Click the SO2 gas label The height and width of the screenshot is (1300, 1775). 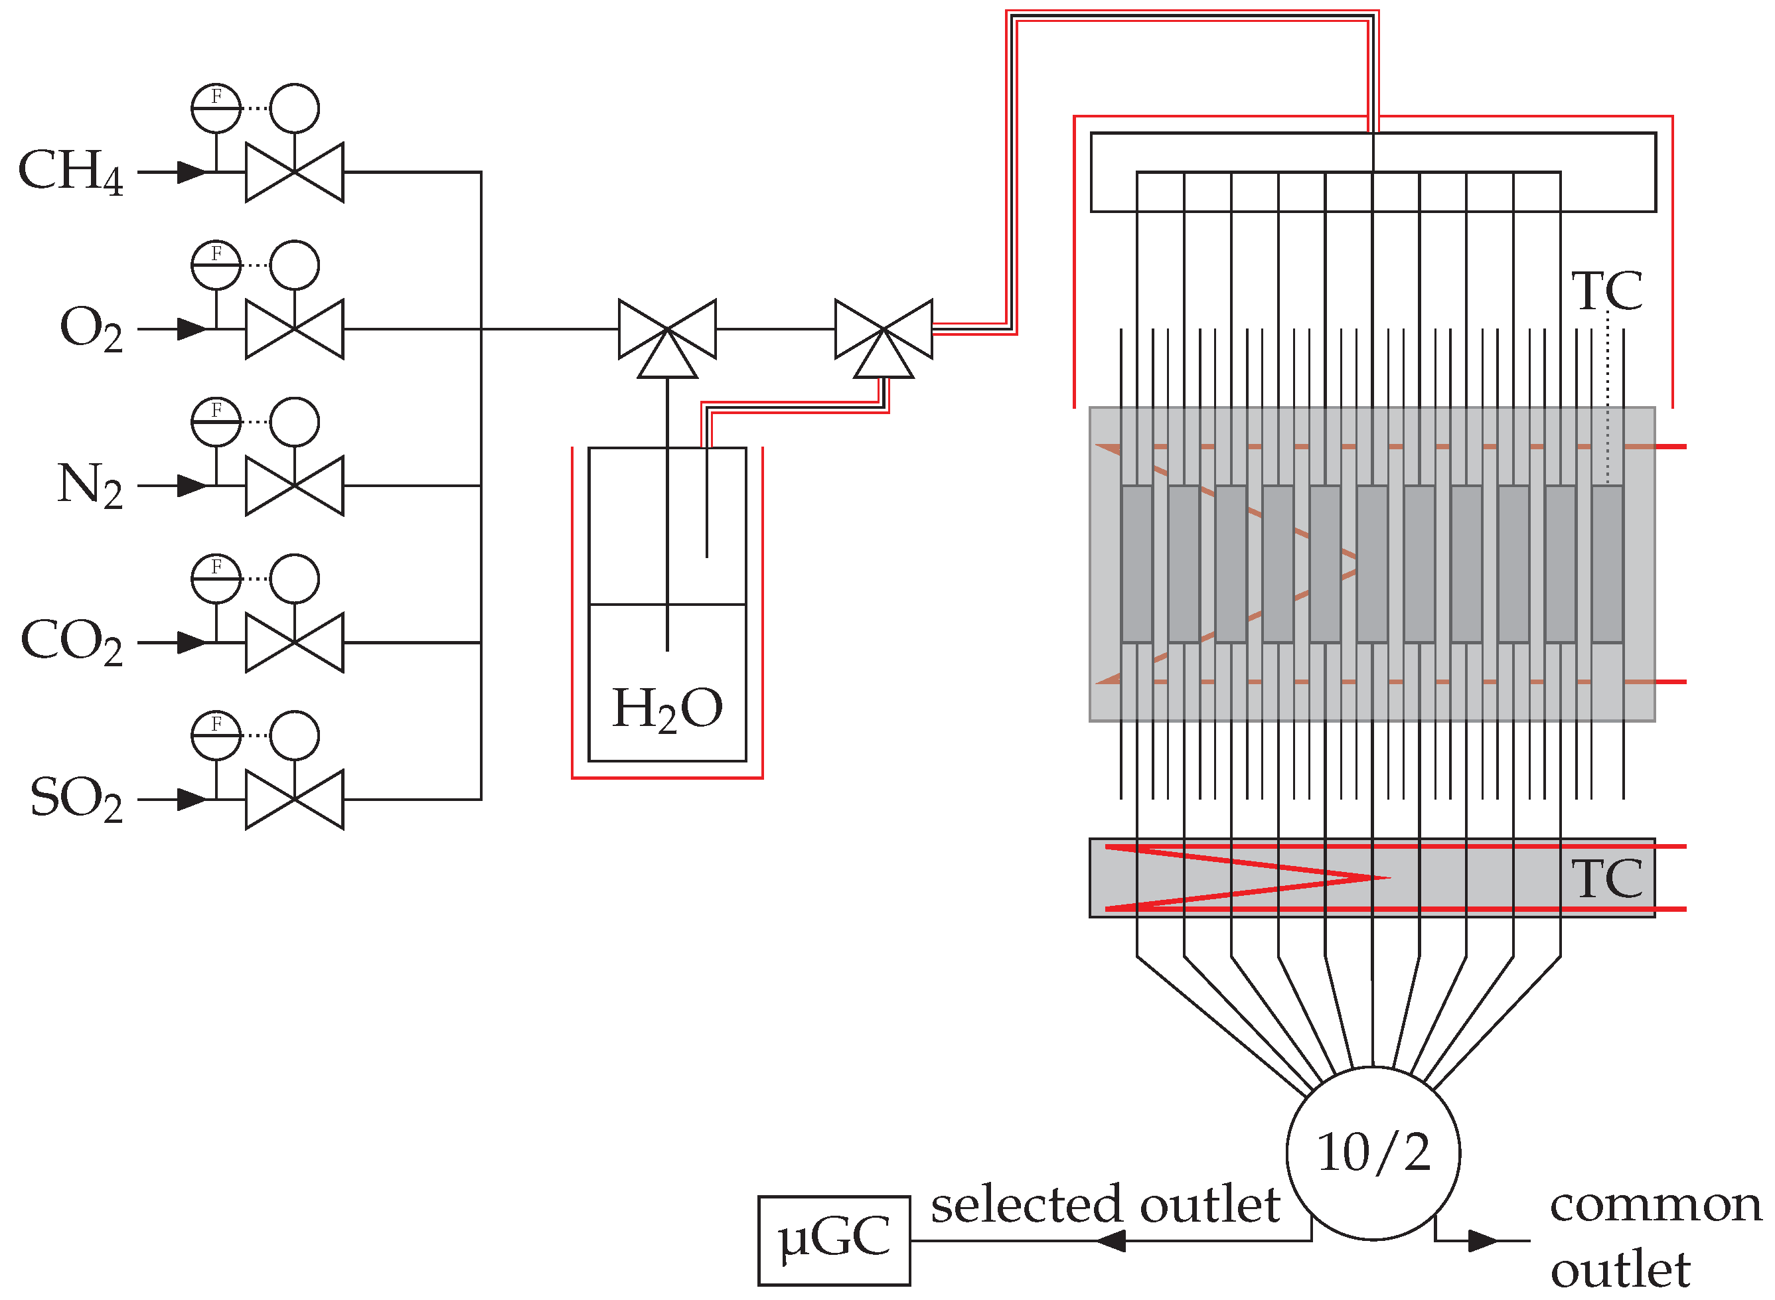[76, 799]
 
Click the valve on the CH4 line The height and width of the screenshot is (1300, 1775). [294, 173]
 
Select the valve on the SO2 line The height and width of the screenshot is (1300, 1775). [294, 800]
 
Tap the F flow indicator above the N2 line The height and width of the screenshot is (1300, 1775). [216, 422]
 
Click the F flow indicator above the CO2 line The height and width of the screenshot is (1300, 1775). [216, 579]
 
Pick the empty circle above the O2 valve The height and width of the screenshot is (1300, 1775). [294, 265]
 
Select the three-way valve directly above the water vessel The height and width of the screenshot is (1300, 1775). [668, 334]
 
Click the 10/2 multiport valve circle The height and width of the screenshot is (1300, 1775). [1373, 1153]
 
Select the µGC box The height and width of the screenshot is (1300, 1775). [834, 1240]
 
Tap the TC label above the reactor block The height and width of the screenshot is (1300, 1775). [1606, 292]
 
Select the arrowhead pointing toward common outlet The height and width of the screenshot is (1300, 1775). [1483, 1241]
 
